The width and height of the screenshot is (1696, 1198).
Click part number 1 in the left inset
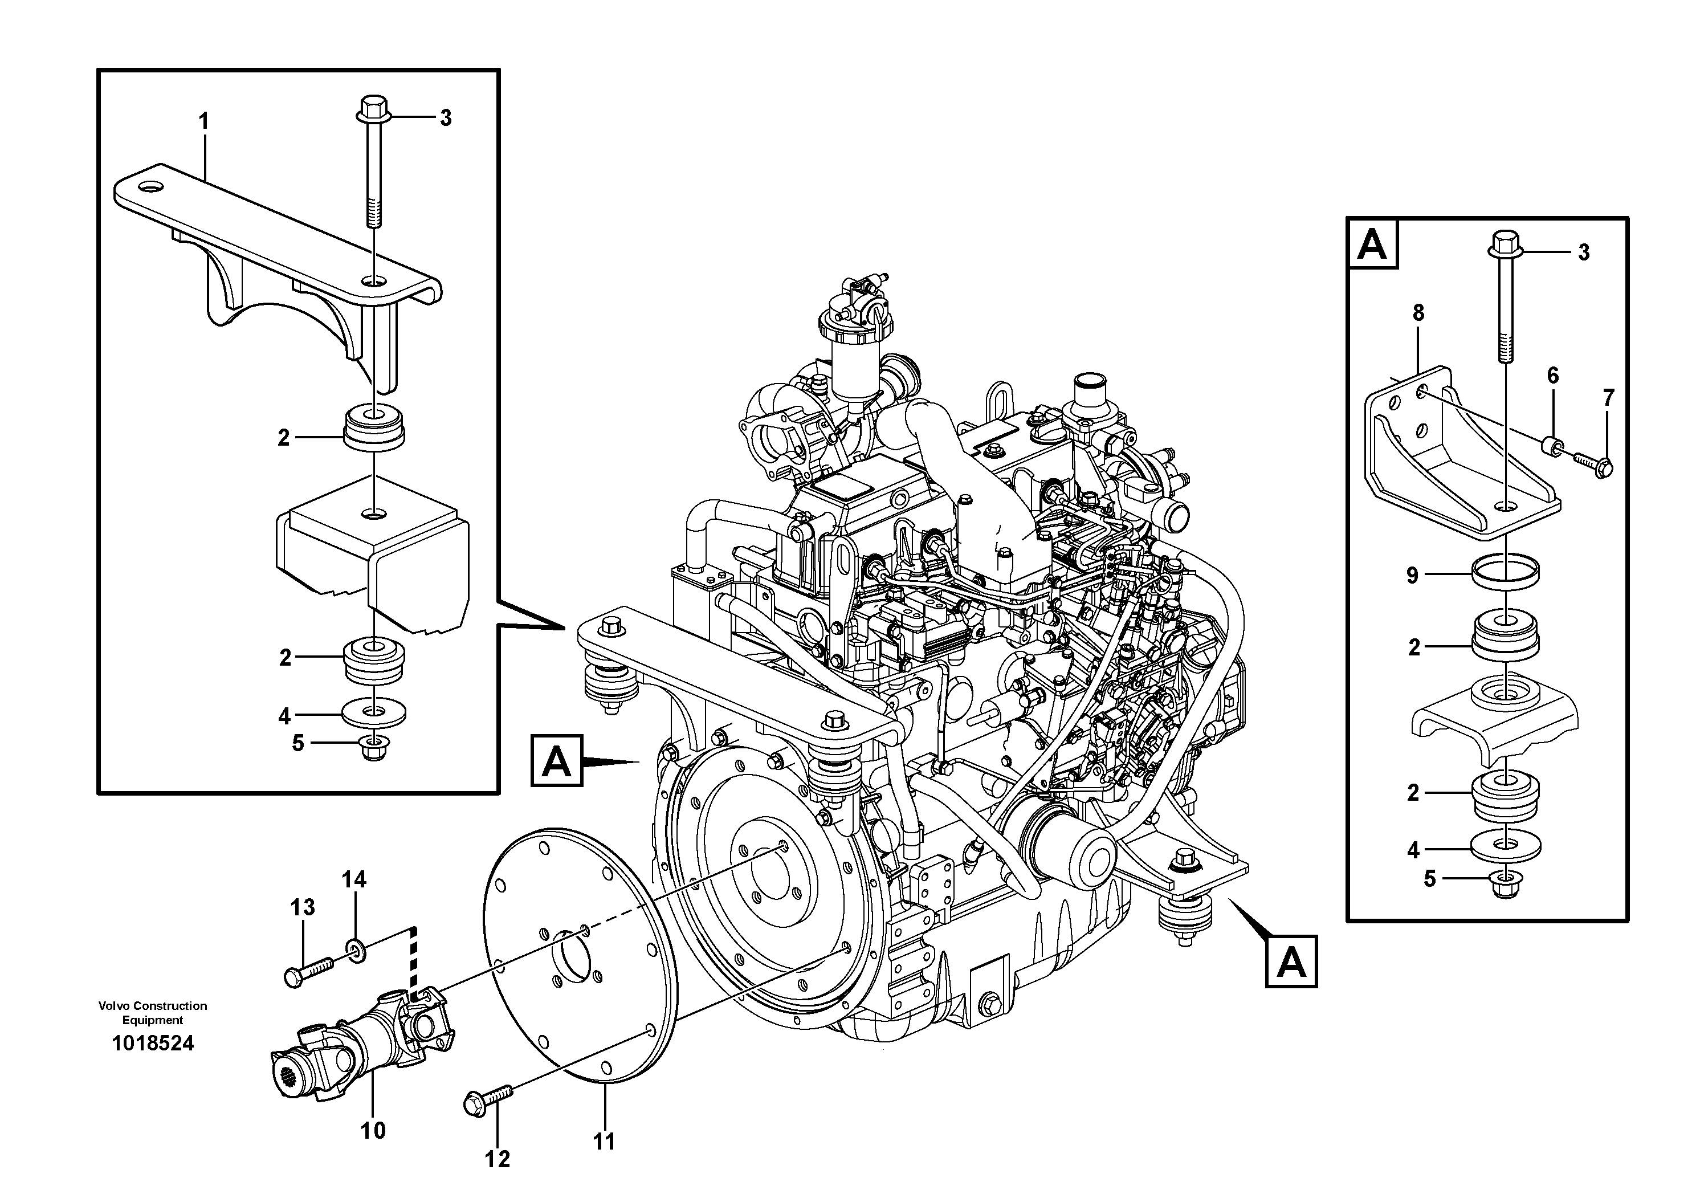[204, 121]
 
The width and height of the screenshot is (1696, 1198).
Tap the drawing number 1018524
[153, 1043]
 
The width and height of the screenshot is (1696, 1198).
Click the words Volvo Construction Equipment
[153, 1013]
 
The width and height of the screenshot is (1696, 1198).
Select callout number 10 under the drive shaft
[373, 1130]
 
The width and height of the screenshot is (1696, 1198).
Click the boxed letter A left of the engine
[556, 760]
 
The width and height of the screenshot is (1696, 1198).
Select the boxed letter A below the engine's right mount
[1290, 961]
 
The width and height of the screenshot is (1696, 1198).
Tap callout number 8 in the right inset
[1417, 313]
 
